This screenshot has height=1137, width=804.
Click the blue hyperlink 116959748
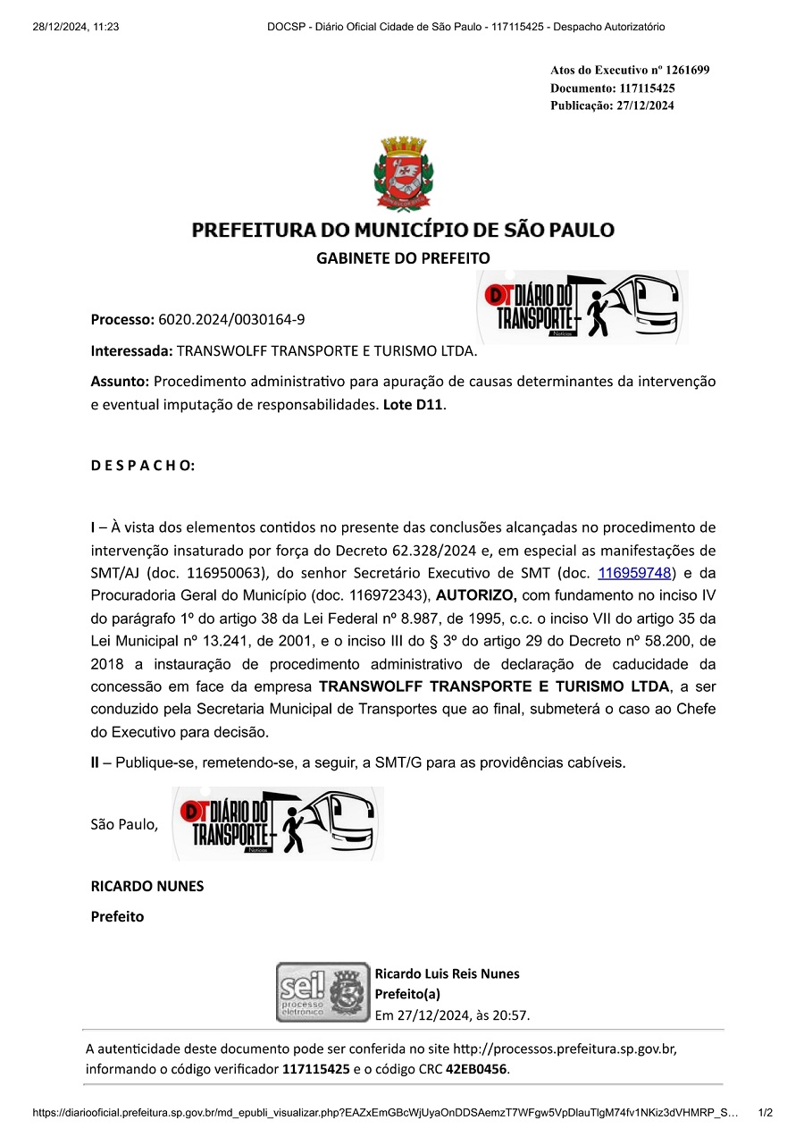coord(634,573)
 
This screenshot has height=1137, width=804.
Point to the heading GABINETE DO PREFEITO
coord(403,258)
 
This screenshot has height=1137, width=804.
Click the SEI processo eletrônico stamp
coord(322,992)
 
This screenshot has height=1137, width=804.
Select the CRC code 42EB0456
coord(476,1069)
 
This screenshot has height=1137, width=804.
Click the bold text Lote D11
coord(413,405)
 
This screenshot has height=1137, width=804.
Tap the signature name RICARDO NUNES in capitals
coord(147,887)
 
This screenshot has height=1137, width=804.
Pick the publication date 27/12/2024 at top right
coord(645,105)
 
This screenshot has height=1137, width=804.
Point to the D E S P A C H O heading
coord(143,466)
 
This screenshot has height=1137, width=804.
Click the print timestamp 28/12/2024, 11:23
coord(76,27)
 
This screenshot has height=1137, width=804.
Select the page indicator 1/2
coord(765,1113)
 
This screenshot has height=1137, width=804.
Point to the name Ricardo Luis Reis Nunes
coord(447,973)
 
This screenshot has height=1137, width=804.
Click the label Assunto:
coord(120,382)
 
